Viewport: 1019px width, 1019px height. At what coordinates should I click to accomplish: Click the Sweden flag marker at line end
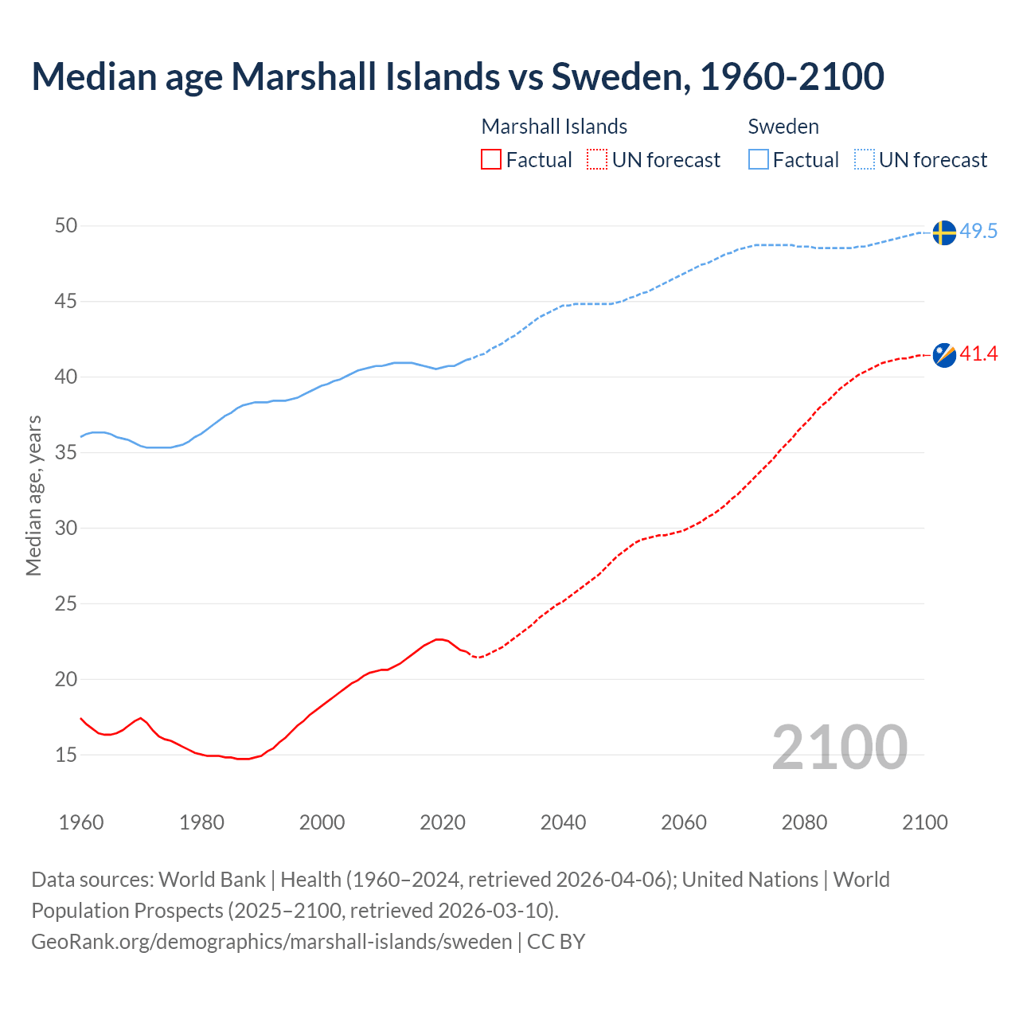pyautogui.click(x=944, y=232)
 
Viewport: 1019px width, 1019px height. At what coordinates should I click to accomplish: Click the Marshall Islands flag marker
pyautogui.click(x=944, y=355)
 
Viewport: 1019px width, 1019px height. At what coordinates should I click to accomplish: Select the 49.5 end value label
pyautogui.click(x=978, y=232)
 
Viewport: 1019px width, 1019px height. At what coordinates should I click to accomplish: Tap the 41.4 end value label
pyautogui.click(x=978, y=354)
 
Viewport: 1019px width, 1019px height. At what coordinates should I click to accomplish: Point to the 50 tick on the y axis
pyautogui.click(x=66, y=226)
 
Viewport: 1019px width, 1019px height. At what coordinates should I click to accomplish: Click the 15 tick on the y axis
pyautogui.click(x=66, y=755)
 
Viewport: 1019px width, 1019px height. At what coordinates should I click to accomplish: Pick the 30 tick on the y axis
pyautogui.click(x=66, y=529)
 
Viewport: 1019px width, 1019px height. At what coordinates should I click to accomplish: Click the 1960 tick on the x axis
pyautogui.click(x=81, y=822)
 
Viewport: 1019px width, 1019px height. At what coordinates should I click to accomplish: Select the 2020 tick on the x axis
pyautogui.click(x=443, y=822)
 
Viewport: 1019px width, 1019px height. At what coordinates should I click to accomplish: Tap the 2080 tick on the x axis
pyautogui.click(x=804, y=822)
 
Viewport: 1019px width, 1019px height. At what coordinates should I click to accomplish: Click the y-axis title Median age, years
pyautogui.click(x=33, y=495)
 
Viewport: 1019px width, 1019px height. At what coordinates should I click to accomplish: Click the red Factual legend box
pyautogui.click(x=491, y=160)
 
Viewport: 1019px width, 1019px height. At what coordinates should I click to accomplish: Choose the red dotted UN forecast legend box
pyautogui.click(x=597, y=160)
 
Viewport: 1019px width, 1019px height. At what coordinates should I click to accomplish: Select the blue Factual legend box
pyautogui.click(x=759, y=160)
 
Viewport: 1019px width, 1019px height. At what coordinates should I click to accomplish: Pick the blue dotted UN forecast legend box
pyautogui.click(x=865, y=160)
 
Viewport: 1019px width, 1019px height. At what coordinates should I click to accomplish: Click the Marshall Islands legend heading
pyautogui.click(x=554, y=127)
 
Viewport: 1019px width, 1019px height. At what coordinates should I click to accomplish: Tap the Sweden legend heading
pyautogui.click(x=783, y=127)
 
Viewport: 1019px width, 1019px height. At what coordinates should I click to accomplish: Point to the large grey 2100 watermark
pyautogui.click(x=840, y=748)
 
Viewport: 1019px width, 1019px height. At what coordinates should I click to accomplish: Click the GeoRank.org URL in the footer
pyautogui.click(x=271, y=942)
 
